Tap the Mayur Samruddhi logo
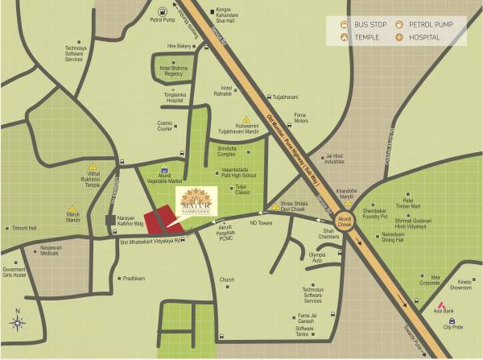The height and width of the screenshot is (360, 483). point(195,202)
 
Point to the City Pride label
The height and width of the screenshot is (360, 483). point(452,328)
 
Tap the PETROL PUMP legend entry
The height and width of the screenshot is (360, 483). point(441,25)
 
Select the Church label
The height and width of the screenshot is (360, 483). point(226,280)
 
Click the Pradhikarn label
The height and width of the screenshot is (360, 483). point(134,278)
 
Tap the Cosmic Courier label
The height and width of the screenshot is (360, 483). point(166,126)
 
